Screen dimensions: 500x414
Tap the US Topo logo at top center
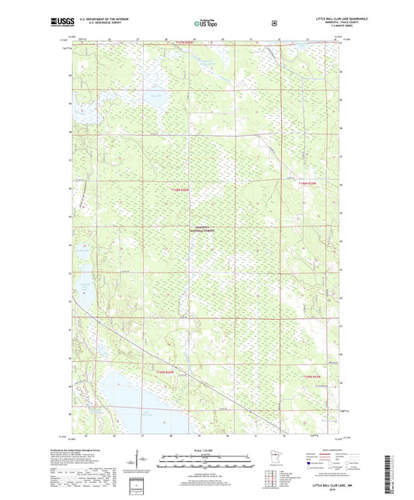click(205, 23)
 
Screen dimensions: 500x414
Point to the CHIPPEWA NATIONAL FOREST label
click(204, 229)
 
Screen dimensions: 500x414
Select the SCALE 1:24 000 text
click(206, 450)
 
